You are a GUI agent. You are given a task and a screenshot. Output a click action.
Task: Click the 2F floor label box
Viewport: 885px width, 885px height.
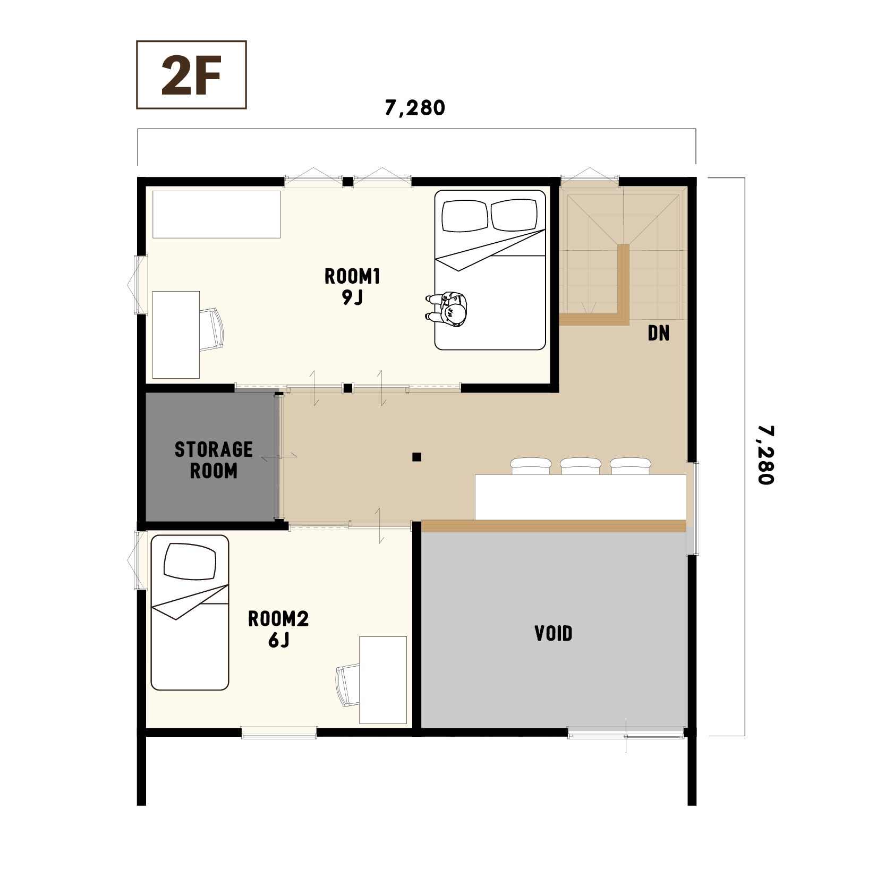click(x=191, y=75)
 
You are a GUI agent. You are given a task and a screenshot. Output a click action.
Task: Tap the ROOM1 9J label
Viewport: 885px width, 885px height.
click(x=352, y=286)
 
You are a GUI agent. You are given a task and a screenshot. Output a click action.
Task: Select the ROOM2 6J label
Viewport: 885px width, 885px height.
click(x=278, y=629)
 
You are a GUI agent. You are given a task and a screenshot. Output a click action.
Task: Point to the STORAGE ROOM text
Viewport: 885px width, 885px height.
click(x=214, y=460)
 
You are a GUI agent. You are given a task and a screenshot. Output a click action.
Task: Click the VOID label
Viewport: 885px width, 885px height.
click(x=554, y=633)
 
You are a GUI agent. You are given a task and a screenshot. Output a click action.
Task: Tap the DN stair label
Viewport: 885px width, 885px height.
click(x=659, y=333)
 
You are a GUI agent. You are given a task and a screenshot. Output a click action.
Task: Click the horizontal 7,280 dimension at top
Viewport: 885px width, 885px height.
click(x=415, y=108)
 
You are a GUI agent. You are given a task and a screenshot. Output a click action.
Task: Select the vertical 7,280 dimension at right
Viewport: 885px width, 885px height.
click(x=765, y=455)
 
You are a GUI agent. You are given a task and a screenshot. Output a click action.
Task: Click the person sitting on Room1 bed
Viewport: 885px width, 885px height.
click(x=447, y=309)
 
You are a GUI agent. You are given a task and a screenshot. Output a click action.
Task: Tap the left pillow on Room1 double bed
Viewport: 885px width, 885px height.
click(x=465, y=216)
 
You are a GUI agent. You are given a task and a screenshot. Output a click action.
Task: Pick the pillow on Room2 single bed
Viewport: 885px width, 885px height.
click(x=190, y=561)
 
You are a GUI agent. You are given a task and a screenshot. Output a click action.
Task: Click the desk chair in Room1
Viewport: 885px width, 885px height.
click(x=211, y=329)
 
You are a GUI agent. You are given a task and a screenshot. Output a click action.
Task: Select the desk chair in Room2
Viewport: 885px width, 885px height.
click(x=347, y=685)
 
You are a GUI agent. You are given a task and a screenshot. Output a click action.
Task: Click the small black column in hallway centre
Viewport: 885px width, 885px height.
click(x=417, y=457)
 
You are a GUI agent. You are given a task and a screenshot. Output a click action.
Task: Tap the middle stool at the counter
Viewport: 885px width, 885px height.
click(x=581, y=466)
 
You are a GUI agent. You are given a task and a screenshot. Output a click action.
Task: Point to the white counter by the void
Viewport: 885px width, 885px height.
click(x=581, y=497)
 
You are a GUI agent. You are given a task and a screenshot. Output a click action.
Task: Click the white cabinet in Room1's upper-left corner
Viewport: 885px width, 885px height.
click(x=216, y=215)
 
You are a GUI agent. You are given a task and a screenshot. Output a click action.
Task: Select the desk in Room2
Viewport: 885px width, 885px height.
click(x=383, y=680)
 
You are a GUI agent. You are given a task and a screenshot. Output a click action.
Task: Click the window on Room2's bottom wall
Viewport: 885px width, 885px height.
click(x=279, y=733)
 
